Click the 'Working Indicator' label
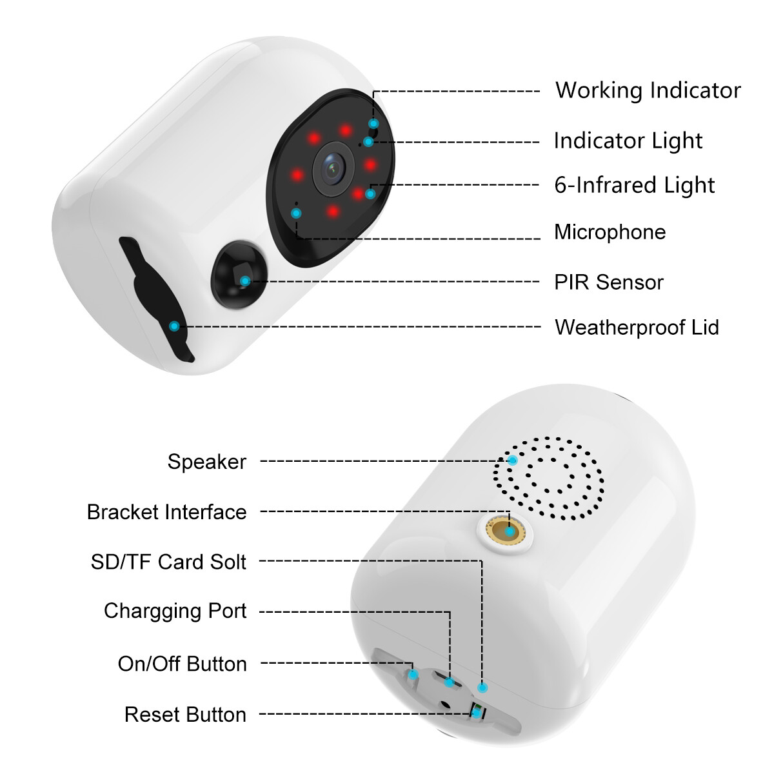(x=648, y=90)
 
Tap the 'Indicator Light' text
(x=628, y=141)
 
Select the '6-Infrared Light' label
(x=634, y=185)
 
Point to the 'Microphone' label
(x=610, y=232)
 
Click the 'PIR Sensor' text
(x=608, y=282)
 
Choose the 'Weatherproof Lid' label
(x=636, y=327)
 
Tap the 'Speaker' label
(x=206, y=461)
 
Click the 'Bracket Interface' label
(x=166, y=511)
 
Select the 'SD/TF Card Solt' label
(x=168, y=561)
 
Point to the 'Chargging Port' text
(x=175, y=610)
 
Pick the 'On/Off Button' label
(x=182, y=663)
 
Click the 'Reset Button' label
(x=185, y=714)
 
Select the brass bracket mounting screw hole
(x=510, y=531)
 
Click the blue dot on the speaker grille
(x=512, y=460)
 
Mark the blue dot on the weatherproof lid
(x=174, y=326)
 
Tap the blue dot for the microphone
(x=296, y=213)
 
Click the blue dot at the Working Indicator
(x=373, y=123)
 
